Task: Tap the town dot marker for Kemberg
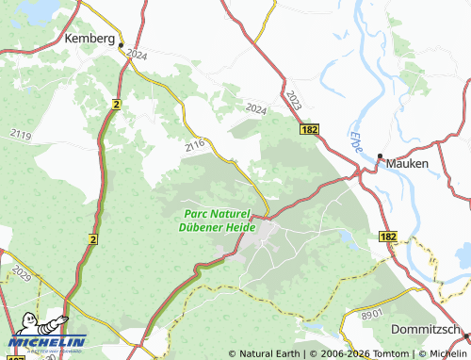pos(121,41)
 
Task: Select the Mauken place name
pos(408,163)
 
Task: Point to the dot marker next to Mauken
pos(381,156)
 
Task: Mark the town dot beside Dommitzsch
pos(466,336)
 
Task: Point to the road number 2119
pos(21,137)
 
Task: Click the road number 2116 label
pos(196,146)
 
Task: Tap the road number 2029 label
pos(22,274)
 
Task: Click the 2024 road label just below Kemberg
pos(136,56)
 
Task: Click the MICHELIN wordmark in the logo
pos(47,342)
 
